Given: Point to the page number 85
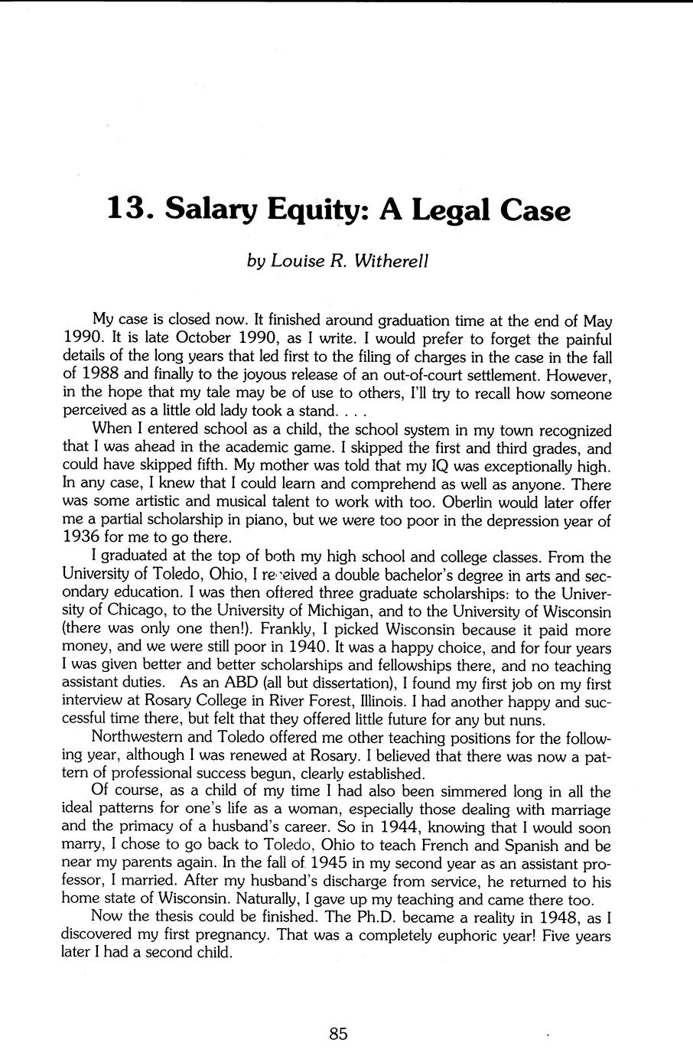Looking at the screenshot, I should point(339,1034).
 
